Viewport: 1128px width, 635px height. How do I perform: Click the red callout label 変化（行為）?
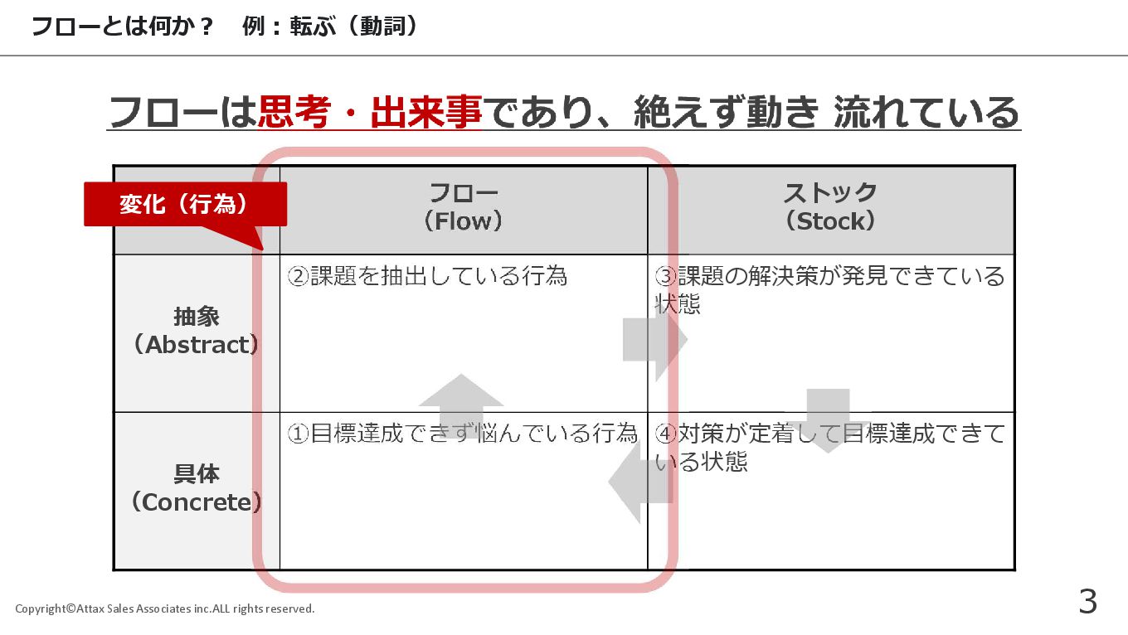185,204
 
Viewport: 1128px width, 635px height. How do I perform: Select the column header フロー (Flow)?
463,207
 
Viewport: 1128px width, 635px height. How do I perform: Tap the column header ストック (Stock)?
830,207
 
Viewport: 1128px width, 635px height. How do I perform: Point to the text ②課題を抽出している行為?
427,276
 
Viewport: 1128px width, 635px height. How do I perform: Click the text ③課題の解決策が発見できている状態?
829,288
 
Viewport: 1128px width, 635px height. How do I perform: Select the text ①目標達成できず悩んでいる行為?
462,434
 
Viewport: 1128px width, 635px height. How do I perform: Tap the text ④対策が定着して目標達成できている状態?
829,446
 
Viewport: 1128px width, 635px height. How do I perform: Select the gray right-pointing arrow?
655,339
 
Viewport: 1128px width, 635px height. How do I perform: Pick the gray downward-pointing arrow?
828,419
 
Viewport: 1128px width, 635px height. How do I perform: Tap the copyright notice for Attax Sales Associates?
165,609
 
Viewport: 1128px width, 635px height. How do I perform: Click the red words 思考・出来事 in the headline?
369,113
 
